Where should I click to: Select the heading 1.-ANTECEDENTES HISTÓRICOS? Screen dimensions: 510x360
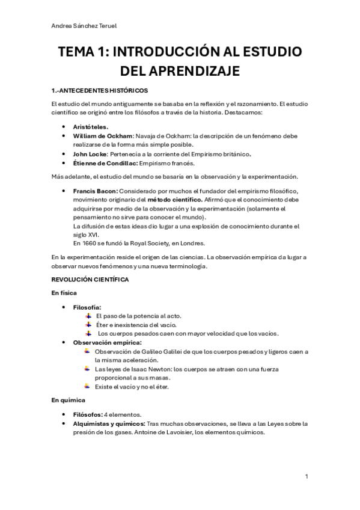tap(100, 91)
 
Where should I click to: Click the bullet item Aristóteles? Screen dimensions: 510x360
tap(91, 127)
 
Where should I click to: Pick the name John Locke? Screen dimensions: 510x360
tap(91, 154)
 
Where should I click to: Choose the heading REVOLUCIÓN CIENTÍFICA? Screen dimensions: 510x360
tap(90, 280)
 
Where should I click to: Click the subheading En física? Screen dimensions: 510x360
tap(64, 293)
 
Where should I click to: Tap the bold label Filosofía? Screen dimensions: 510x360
tap(87, 307)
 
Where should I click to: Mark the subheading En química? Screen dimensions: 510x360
tap(69, 400)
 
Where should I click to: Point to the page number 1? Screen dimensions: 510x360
tap(307, 476)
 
